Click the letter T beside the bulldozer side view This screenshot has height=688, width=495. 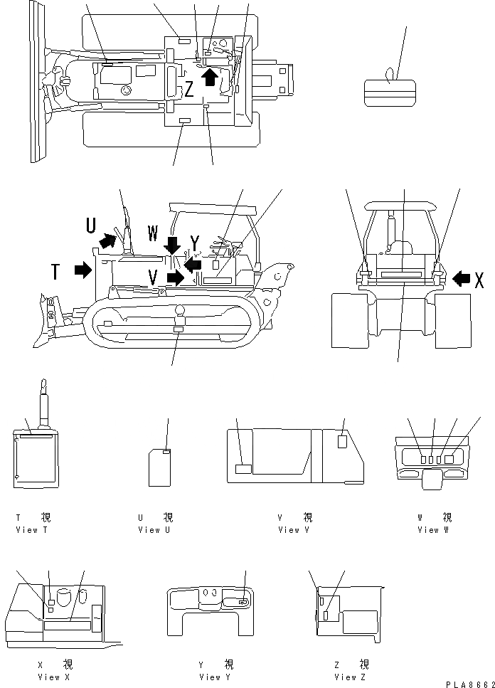[x=55, y=271]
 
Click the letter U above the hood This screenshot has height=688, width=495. [x=91, y=226]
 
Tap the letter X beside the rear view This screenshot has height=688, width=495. [x=479, y=280]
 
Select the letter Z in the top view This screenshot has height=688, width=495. [x=189, y=89]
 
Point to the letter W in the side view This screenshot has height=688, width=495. [x=153, y=232]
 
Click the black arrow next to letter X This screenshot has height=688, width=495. [x=460, y=278]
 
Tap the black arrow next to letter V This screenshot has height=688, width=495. [x=174, y=277]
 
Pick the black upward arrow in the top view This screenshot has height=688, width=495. [x=209, y=75]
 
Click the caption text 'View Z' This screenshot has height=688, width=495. [x=348, y=677]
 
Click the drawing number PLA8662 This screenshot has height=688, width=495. [x=469, y=684]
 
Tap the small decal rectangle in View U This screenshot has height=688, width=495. [x=167, y=452]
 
